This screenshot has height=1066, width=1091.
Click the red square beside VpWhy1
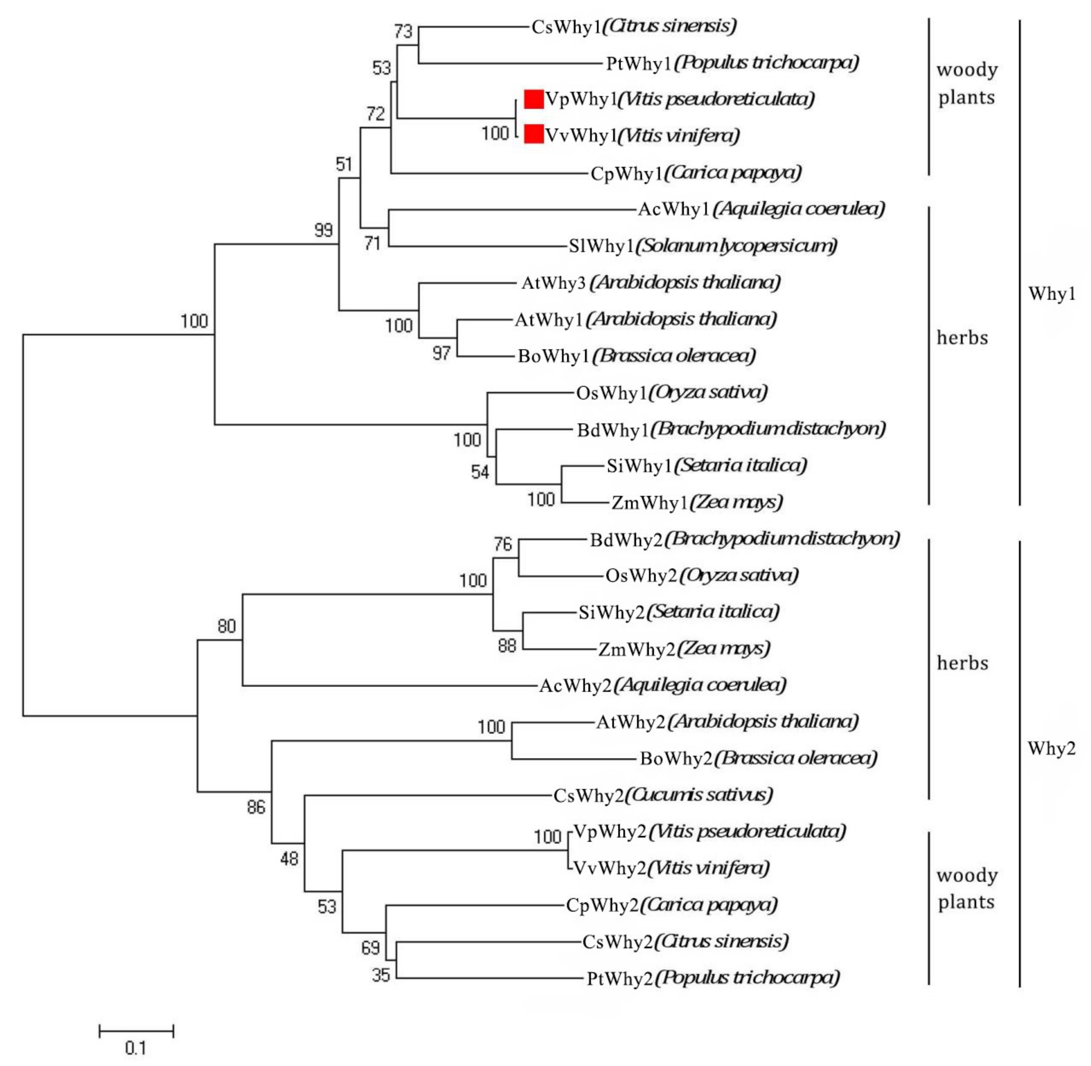534,99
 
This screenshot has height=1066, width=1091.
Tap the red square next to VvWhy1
534,134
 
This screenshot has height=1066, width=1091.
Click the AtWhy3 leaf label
553,283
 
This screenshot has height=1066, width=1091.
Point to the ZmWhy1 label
648,503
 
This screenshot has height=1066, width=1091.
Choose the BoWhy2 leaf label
676,759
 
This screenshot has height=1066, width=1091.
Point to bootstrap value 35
381,975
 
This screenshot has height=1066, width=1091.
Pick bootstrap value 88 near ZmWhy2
507,645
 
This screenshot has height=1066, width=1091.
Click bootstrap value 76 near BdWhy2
503,544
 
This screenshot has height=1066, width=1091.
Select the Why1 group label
1051,293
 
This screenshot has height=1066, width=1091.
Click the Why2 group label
1051,749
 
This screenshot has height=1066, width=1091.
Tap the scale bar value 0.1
135,1048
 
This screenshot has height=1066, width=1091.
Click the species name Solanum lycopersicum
736,245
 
